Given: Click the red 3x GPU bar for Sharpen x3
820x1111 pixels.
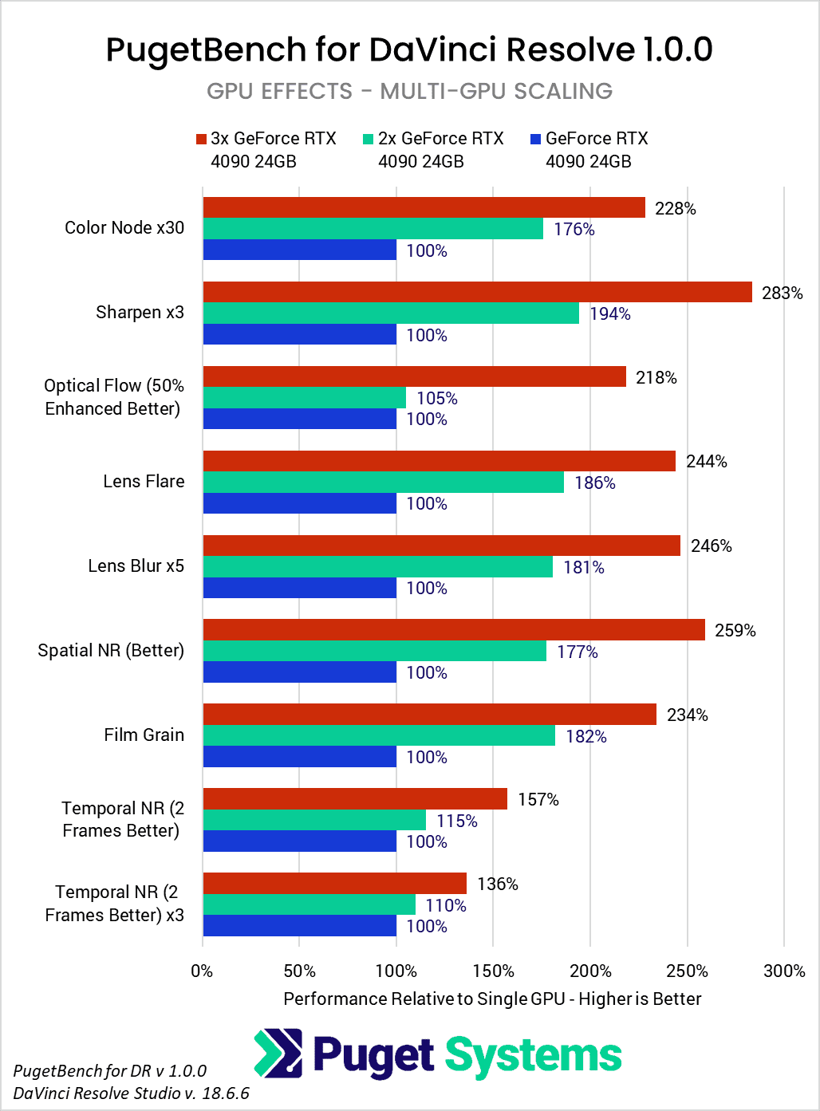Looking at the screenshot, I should (x=477, y=292).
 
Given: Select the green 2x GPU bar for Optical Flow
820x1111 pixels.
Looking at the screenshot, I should (x=304, y=397).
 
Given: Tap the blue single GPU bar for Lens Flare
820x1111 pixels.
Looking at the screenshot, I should (x=299, y=503).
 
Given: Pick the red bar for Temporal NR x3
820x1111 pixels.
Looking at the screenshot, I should (x=334, y=883).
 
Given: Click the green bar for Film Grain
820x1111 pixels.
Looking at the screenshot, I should (x=379, y=735).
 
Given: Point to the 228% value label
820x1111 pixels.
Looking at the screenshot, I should (x=675, y=208).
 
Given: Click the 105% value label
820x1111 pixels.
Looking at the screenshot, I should (x=436, y=398).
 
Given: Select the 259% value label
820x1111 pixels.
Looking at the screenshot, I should (x=735, y=631).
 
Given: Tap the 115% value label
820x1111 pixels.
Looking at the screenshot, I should (x=456, y=821).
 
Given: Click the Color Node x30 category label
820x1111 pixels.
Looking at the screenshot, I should (x=124, y=228).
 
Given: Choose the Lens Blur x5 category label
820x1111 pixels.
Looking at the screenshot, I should (x=136, y=566).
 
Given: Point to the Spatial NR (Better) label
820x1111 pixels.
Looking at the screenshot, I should (x=111, y=651).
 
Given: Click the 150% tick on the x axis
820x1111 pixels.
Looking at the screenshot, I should (x=493, y=971).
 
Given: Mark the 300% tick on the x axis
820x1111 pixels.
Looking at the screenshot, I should (x=784, y=971).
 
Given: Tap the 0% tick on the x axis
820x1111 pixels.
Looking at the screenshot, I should (x=203, y=971).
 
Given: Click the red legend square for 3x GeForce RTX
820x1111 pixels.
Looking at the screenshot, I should (x=201, y=140).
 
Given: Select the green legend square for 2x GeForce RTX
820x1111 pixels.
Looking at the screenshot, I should (x=368, y=140).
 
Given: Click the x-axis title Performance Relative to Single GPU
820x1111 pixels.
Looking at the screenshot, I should (x=492, y=999).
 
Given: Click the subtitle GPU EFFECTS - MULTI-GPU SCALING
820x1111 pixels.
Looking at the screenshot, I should (x=409, y=92).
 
